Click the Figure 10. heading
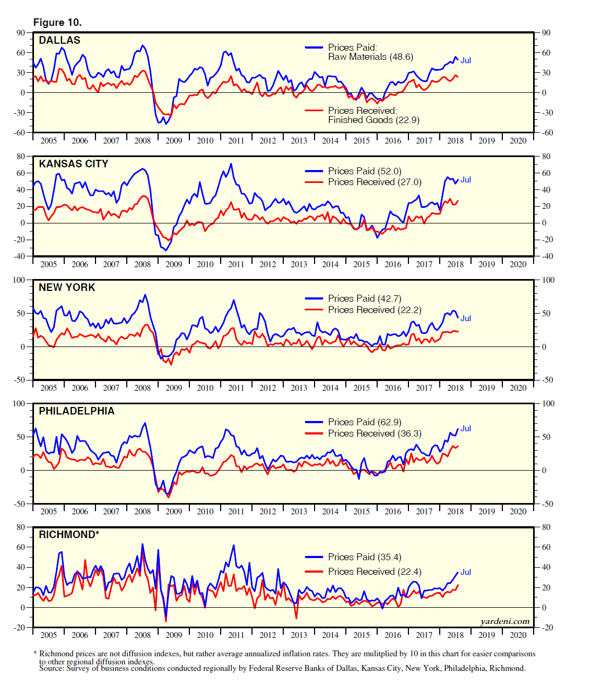point(57,22)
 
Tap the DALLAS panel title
point(59,40)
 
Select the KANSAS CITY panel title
point(73,164)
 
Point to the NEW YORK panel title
point(67,288)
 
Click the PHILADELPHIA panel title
point(77,411)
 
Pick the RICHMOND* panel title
point(69,535)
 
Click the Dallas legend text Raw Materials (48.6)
point(370,57)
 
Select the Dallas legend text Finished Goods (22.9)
point(373,120)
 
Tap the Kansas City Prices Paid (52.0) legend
point(364,171)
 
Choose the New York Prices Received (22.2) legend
point(374,310)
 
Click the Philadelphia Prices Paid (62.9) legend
point(364,422)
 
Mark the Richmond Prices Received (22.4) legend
point(374,572)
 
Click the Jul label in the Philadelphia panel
point(466,429)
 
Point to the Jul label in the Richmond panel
point(466,572)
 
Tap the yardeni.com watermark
point(504,621)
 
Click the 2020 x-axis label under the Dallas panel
point(518,141)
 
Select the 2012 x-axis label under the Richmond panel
point(268,635)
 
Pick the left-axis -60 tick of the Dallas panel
point(19,133)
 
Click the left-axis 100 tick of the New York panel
point(18,280)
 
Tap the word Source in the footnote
point(51,668)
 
